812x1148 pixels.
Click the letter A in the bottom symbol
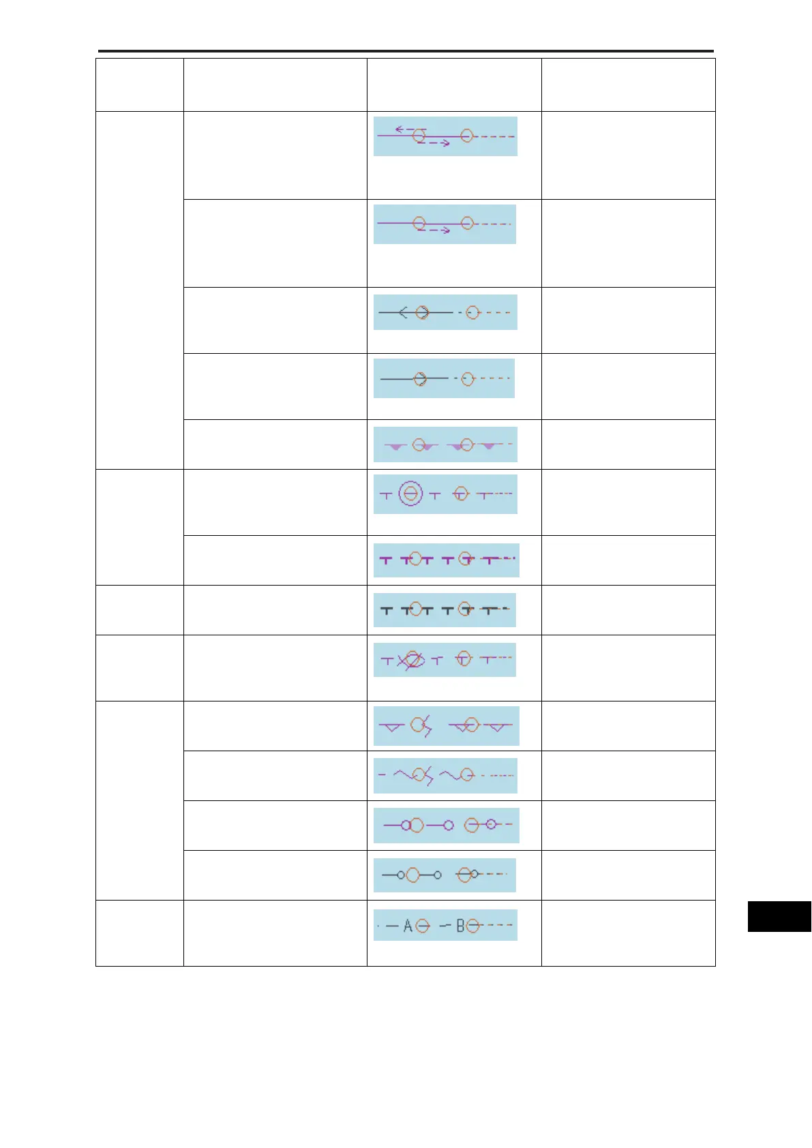click(x=408, y=926)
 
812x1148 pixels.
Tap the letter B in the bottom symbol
click(x=461, y=926)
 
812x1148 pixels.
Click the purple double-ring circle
click(x=410, y=494)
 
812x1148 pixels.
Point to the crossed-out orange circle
click(x=412, y=660)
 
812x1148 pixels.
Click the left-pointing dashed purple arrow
click(x=410, y=128)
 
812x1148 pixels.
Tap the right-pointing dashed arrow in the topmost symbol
click(x=434, y=142)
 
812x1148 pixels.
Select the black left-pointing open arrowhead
click(x=403, y=312)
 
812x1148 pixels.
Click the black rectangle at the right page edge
click(x=779, y=916)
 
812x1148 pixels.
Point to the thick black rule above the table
click(x=406, y=51)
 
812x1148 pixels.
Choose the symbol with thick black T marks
click(x=445, y=610)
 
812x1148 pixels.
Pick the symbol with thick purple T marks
click(x=446, y=560)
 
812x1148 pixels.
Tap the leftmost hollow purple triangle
click(x=391, y=727)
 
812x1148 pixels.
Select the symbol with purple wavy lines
click(x=445, y=776)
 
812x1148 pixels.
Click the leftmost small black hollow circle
click(x=401, y=875)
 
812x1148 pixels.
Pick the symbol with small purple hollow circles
click(x=446, y=826)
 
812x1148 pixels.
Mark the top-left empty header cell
click(x=139, y=85)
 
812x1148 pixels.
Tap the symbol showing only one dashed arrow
click(x=445, y=224)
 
